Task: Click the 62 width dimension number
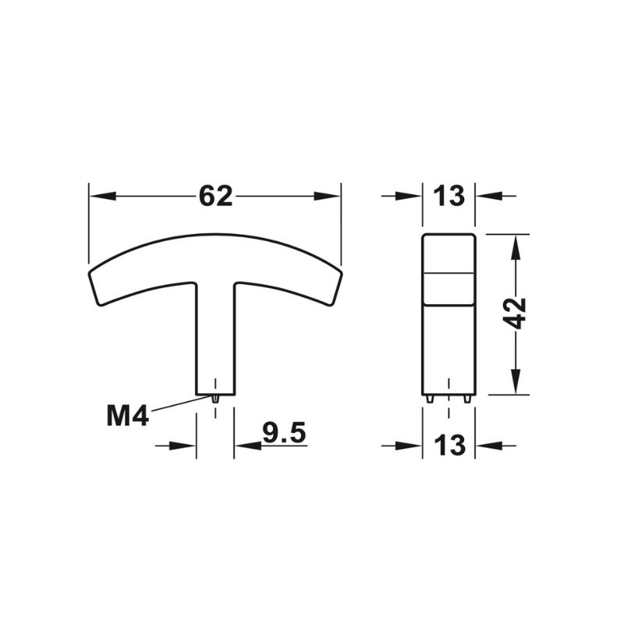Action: (x=215, y=197)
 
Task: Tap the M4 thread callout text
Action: (x=128, y=416)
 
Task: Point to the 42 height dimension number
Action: (x=517, y=314)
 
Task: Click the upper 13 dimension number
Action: (x=449, y=197)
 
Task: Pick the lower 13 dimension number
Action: (x=450, y=445)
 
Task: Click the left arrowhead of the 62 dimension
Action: (x=103, y=196)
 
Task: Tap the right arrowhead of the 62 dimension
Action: (x=327, y=196)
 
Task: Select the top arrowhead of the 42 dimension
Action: (x=516, y=247)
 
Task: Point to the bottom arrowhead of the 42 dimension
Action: (x=516, y=381)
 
